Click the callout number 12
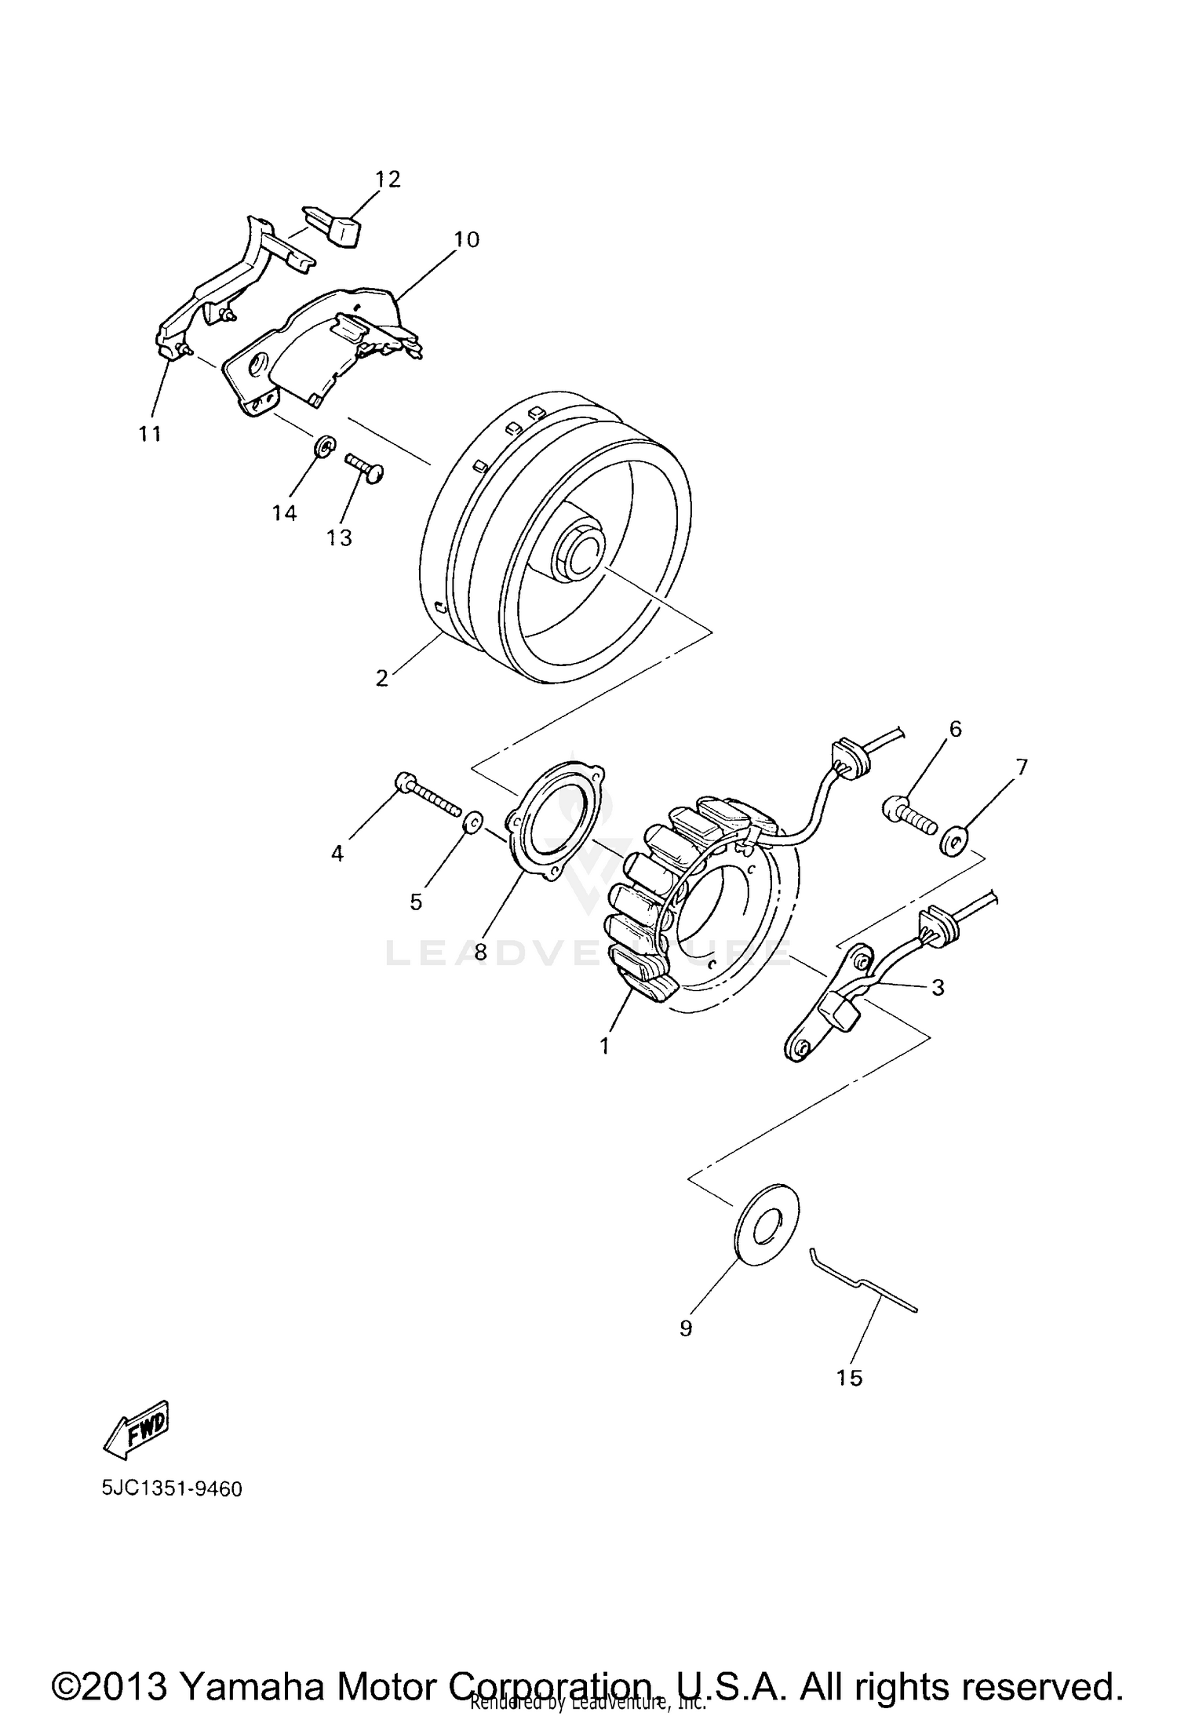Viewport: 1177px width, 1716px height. click(x=388, y=180)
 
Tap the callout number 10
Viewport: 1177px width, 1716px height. click(x=466, y=239)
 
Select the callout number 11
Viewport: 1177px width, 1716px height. click(x=150, y=433)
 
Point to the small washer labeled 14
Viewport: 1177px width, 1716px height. click(x=322, y=448)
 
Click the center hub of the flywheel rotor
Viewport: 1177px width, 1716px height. click(x=582, y=552)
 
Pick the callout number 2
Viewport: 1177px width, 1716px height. click(x=381, y=678)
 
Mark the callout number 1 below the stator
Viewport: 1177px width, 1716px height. click(x=604, y=1046)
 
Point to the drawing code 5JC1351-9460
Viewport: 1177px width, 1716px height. click(x=172, y=1488)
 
